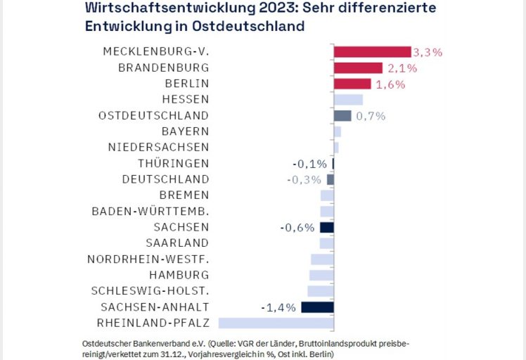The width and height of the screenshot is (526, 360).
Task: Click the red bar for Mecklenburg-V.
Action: coord(372,52)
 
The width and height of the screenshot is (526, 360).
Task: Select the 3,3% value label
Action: coord(428,52)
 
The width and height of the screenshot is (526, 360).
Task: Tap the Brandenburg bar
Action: coord(358,68)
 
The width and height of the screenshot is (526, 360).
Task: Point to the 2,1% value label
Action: coord(402,68)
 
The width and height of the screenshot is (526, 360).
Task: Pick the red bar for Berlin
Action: coord(352,84)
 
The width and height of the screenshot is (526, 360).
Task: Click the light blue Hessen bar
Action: coord(348,100)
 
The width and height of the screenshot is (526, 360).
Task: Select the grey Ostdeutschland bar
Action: coord(342,116)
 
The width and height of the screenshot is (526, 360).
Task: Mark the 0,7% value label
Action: coord(371,116)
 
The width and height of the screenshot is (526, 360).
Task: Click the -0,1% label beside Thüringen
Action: coord(310,164)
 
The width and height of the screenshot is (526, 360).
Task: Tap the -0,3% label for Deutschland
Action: coord(304,179)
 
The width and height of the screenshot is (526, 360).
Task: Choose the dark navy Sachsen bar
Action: coord(326,227)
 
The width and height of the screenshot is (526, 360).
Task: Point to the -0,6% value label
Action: coord(297,227)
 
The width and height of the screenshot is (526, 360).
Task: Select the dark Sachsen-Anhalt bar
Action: coord(317,307)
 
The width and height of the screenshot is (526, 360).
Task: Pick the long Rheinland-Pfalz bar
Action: coord(276,323)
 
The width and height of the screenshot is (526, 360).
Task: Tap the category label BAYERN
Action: coord(185,131)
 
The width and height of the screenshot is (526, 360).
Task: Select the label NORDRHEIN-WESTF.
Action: coord(148,259)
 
